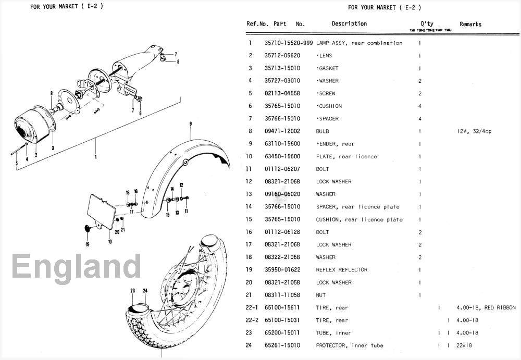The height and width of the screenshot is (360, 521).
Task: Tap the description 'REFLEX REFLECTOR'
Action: (341, 270)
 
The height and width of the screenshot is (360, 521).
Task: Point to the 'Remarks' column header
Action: (470, 24)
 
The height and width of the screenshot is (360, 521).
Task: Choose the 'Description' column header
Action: (349, 24)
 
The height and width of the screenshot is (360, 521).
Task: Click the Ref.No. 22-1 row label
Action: (252, 308)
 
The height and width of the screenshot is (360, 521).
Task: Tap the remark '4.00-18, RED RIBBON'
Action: (486, 308)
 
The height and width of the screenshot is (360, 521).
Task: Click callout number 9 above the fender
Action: (191, 123)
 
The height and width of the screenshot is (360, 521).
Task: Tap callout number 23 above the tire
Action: (133, 290)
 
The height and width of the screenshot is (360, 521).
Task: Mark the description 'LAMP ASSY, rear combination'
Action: (359, 43)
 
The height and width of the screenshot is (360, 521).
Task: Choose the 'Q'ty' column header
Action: (427, 24)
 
